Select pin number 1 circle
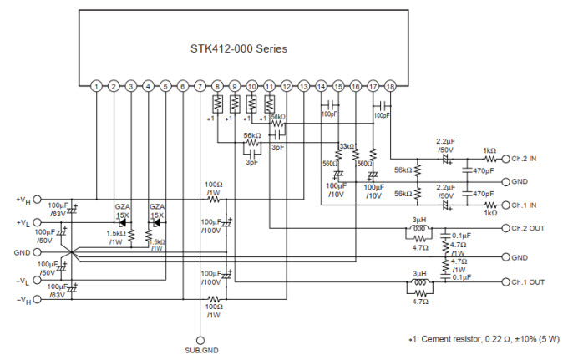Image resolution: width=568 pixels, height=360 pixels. (x=97, y=86)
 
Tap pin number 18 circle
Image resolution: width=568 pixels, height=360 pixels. (x=391, y=86)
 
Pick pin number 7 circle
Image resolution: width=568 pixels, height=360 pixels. (x=200, y=86)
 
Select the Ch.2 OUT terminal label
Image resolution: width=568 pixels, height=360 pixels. (x=530, y=227)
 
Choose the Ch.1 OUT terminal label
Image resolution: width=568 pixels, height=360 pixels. (x=530, y=282)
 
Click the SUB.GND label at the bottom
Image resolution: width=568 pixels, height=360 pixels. (x=200, y=351)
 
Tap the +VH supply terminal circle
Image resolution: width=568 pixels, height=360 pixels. (x=37, y=200)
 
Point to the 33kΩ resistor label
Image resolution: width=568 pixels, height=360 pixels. (x=347, y=147)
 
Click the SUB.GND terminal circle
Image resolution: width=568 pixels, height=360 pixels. (x=200, y=340)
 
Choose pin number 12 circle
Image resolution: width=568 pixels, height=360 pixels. (x=287, y=86)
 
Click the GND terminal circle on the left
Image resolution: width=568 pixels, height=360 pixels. (x=37, y=251)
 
